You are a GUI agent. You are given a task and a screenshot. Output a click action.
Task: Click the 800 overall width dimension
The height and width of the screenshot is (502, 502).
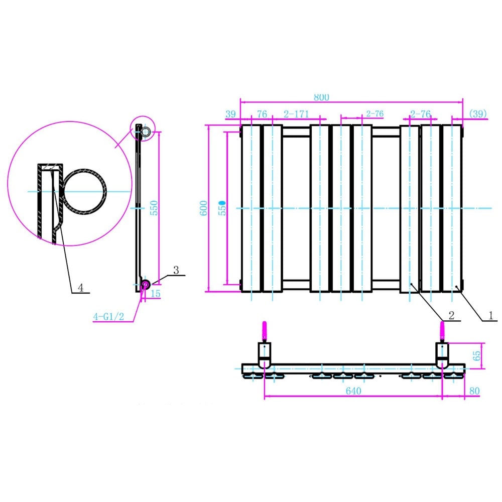click(321, 97)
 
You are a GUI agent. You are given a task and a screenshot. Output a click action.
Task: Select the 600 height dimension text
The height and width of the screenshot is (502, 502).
click(204, 208)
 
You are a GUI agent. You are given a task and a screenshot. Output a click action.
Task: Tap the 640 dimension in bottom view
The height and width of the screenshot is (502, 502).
click(354, 391)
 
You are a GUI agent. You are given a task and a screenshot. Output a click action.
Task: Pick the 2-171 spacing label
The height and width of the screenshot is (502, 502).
click(296, 114)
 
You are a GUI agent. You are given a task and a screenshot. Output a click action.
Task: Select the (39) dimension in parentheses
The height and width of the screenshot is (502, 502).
click(477, 114)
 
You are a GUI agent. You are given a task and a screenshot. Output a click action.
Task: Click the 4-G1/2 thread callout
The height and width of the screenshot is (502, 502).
click(108, 317)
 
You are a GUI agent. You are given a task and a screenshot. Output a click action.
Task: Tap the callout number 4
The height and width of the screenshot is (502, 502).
click(80, 287)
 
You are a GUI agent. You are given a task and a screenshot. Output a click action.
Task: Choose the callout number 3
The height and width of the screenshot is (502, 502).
click(176, 270)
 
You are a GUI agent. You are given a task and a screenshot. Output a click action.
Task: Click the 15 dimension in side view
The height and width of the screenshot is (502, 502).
click(156, 294)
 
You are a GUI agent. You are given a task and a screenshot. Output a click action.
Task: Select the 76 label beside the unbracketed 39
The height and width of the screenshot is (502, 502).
click(262, 114)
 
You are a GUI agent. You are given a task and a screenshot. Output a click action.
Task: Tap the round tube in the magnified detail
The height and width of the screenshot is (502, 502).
click(84, 191)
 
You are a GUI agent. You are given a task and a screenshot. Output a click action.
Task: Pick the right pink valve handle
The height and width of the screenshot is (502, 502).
click(442, 332)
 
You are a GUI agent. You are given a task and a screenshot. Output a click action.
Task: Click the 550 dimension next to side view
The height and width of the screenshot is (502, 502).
click(155, 208)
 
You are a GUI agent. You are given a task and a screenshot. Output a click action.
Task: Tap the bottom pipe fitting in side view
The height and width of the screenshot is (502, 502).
click(145, 285)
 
